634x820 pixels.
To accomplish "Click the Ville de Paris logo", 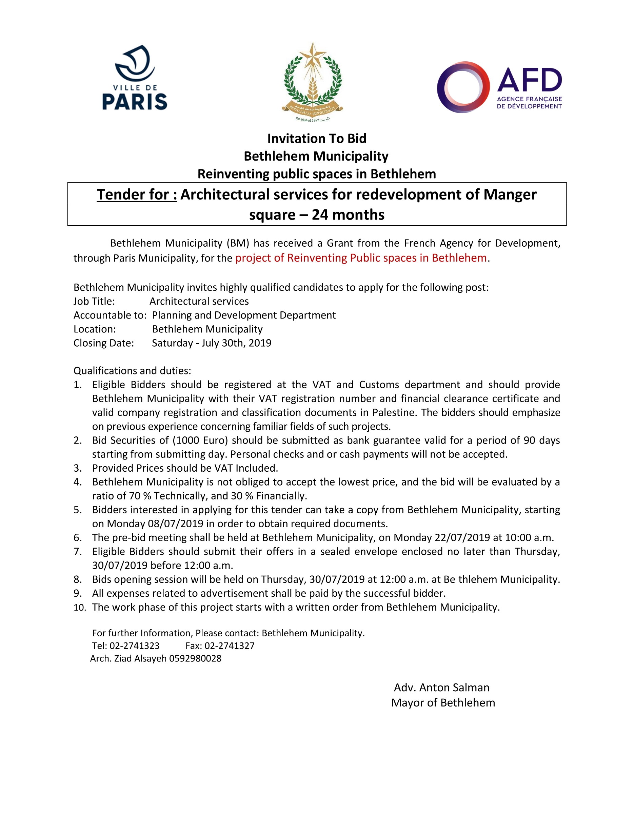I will click(135, 78).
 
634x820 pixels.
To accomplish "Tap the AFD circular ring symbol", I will click(463, 87).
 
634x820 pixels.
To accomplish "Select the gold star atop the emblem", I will click(313, 55).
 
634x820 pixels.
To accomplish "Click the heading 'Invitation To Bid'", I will click(317, 139).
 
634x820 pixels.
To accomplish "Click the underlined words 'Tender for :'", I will click(137, 194).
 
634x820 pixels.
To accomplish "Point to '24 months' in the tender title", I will click(348, 215).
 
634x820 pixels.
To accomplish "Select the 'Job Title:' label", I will click(94, 301).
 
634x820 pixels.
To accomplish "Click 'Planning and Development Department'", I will click(244, 315).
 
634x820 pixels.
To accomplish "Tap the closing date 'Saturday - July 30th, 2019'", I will click(212, 343).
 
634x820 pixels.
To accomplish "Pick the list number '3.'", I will click(78, 468).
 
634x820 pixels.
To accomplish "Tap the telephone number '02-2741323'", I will click(135, 646).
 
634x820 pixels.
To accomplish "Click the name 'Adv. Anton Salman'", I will click(441, 688).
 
